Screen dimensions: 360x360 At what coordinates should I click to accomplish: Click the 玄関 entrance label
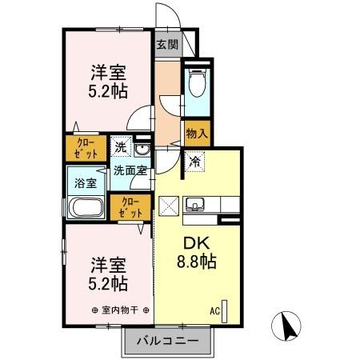(166, 44)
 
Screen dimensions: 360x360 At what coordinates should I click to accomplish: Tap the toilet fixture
(196, 82)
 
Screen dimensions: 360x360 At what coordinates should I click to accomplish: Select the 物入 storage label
(196, 134)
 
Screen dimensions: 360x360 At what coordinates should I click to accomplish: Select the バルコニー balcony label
(167, 341)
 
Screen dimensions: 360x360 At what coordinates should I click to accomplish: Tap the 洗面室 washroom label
(129, 170)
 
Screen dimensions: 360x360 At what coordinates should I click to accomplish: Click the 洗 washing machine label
(119, 147)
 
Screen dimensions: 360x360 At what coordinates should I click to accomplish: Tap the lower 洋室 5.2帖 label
(108, 272)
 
